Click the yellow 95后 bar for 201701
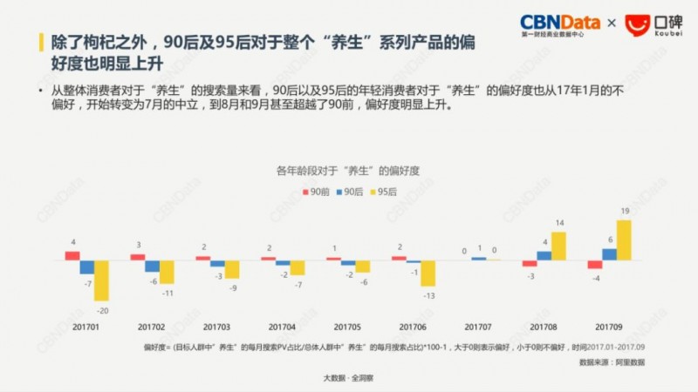coord(102,280)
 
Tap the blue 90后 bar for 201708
coord(544,255)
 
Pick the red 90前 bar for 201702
coord(138,257)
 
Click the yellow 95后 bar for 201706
coord(428,274)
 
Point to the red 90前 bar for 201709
coord(594,264)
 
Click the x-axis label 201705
coord(347,327)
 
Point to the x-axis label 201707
coord(478,327)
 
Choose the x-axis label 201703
coord(216,327)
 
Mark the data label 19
coord(625,212)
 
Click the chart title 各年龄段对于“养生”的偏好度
coord(348,170)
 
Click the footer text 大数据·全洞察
coord(348,378)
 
